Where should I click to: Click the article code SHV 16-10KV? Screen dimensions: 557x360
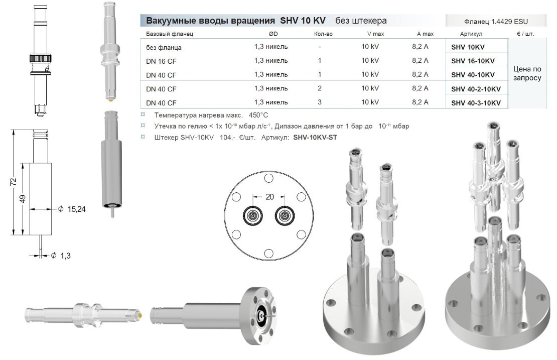pos(473,61)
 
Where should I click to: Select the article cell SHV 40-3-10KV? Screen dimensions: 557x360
pos(476,103)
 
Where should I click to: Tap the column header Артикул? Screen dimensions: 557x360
pos(471,34)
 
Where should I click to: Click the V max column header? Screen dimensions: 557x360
pos(375,34)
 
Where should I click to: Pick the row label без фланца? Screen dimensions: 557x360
pos(164,48)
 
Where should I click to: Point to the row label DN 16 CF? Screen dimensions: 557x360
pos(161,61)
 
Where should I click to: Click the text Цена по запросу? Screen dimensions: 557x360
pos(527,74)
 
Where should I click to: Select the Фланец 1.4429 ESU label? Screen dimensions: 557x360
pos(496,22)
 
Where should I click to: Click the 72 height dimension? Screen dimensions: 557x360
pos(13,182)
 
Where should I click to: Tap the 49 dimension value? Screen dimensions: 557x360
pos(23,199)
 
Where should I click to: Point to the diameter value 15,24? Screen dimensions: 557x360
pos(76,209)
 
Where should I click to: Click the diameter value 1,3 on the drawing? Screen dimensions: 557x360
pos(65,256)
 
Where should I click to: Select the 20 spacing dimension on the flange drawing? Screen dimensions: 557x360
pos(269,197)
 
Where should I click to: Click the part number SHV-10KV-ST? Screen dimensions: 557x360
pos(315,138)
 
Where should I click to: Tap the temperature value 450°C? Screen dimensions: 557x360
pos(258,115)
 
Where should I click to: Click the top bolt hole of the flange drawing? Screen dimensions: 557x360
pos(269,178)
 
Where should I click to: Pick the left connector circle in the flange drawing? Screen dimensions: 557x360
pos(253,216)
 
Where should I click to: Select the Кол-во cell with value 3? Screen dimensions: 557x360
pos(320,102)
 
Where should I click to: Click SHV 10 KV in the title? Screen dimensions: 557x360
pos(303,21)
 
